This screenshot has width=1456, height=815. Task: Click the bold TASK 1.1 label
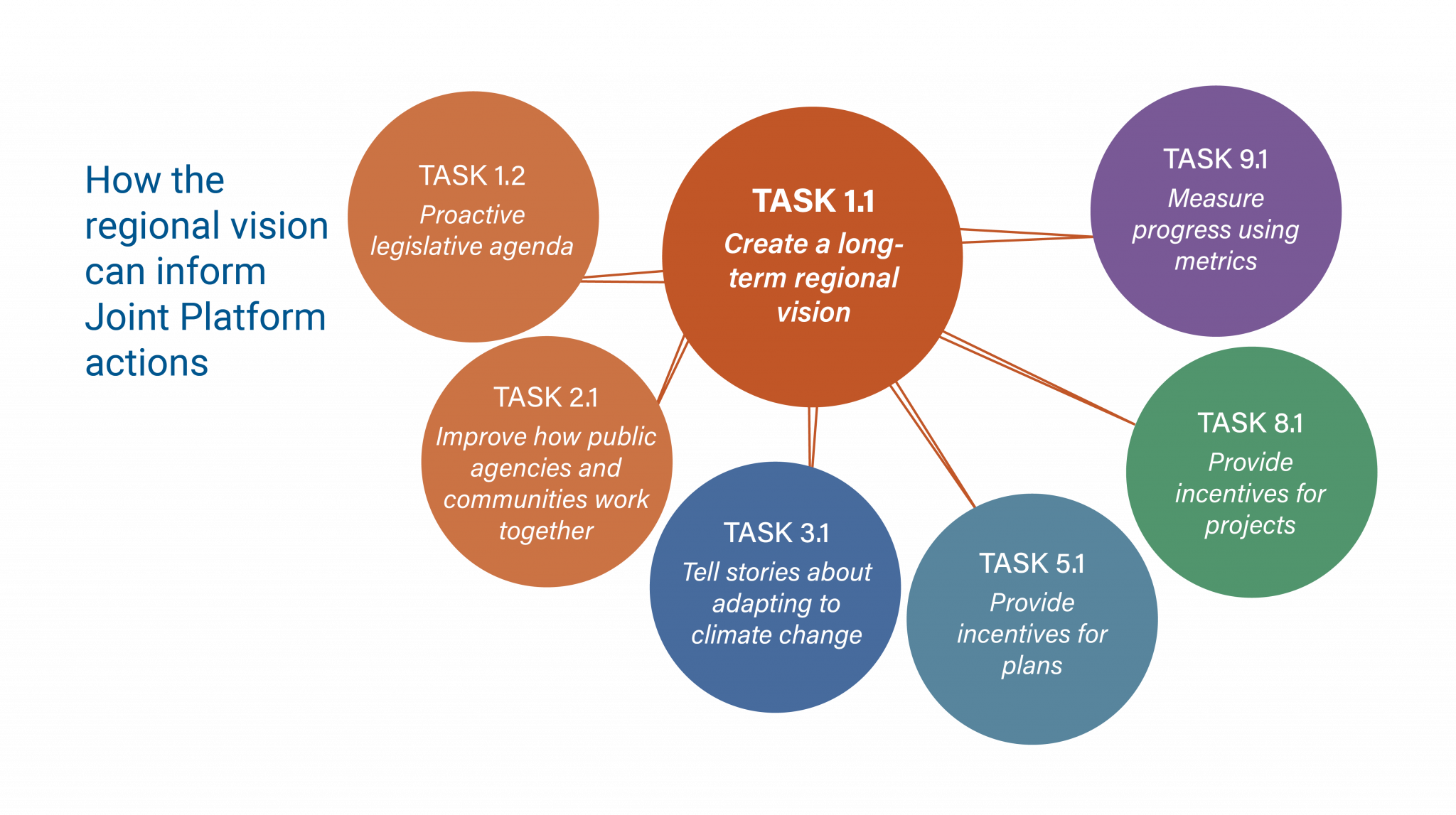pos(813,201)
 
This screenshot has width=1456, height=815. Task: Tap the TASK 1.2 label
pos(472,176)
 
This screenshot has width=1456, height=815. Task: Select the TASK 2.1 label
pos(546,397)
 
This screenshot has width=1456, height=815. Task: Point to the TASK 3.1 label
pos(776,533)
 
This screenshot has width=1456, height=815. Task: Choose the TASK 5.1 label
pos(1032,563)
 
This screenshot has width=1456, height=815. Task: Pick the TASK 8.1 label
pos(1250,423)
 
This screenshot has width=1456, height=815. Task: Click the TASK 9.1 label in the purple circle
pos(1216,159)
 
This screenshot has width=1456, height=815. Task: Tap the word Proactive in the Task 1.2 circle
pos(472,215)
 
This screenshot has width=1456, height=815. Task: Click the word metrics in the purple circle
pos(1216,261)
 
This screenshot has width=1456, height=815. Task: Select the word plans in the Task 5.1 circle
pos(1032,666)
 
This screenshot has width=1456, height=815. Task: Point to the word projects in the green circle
pos(1250,526)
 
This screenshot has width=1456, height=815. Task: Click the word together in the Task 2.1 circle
pos(546,531)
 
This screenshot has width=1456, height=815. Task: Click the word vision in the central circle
pos(813,313)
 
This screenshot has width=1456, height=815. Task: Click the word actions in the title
pos(146,363)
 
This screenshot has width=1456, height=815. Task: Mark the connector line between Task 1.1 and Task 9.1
pos(1027,235)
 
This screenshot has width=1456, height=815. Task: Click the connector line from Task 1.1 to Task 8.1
pos(1038,380)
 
